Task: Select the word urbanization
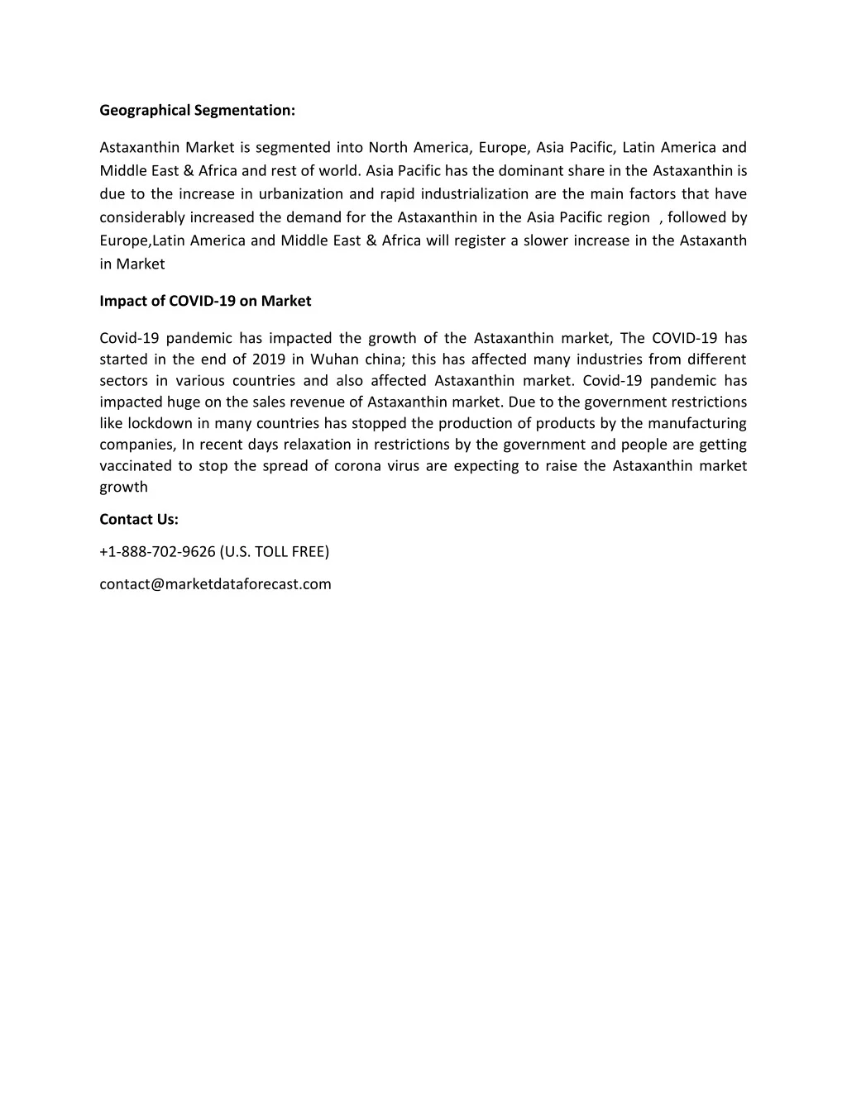(x=300, y=194)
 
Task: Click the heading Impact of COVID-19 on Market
(x=205, y=301)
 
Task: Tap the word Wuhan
(x=333, y=359)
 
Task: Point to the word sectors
(x=123, y=381)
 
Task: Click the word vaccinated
(x=136, y=466)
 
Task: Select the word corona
(x=357, y=466)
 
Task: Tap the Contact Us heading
(x=139, y=520)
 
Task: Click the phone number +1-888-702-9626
(x=157, y=552)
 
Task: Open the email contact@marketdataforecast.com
(x=215, y=584)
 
